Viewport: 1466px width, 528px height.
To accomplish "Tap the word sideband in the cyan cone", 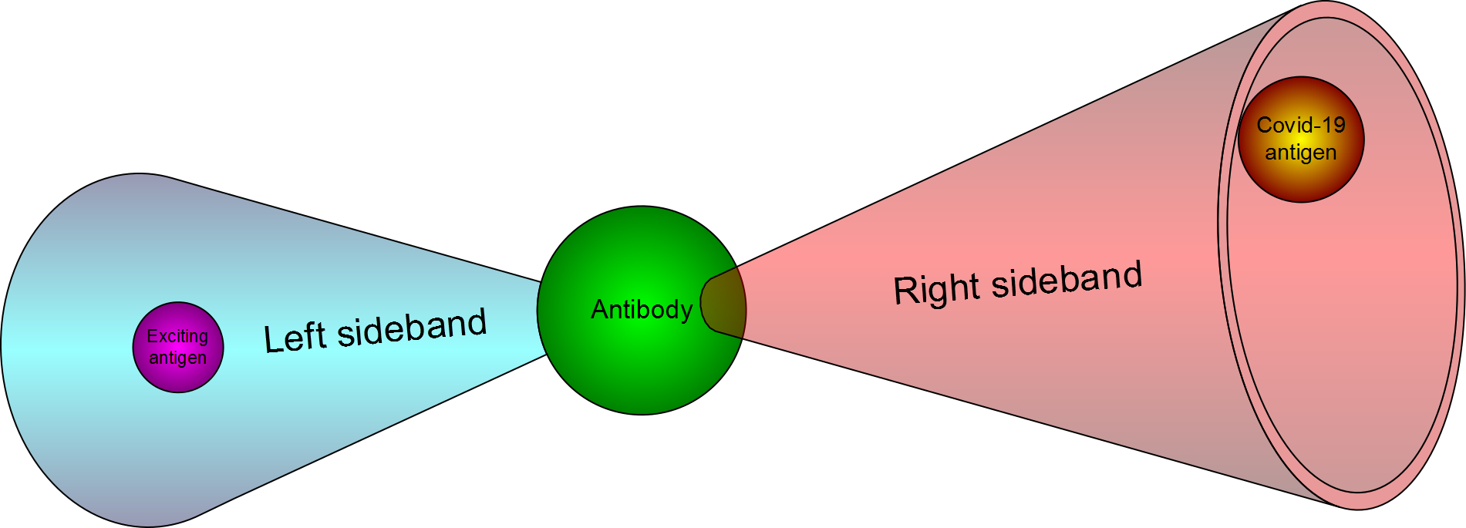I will (412, 328).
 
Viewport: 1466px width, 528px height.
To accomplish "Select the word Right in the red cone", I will (936, 289).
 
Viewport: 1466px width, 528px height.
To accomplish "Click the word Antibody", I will (642, 310).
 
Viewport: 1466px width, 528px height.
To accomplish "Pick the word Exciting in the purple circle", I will (177, 337).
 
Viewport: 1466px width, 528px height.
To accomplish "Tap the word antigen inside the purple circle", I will (177, 358).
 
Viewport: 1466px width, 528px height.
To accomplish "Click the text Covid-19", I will (1301, 126).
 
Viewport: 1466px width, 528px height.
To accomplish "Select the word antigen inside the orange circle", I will (1301, 153).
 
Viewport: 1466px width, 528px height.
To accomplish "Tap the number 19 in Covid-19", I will (1333, 126).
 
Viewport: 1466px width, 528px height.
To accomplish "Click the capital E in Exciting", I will (152, 337).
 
